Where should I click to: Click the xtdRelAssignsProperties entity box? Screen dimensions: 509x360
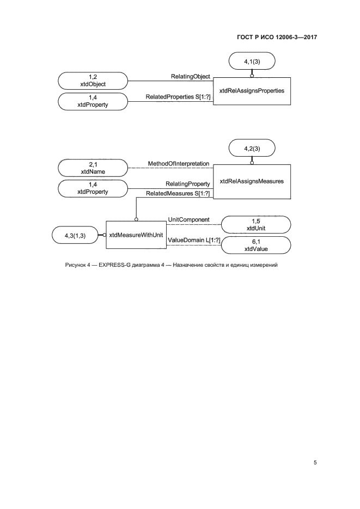[x=251, y=91]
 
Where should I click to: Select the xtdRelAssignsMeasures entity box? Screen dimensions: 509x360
[x=251, y=181]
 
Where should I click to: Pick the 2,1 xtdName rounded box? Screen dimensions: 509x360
[x=93, y=167]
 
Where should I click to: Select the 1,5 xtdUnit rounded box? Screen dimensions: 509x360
[x=255, y=224]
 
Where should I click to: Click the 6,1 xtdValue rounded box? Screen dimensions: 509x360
[x=255, y=245]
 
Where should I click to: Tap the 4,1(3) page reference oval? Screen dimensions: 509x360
[x=252, y=61]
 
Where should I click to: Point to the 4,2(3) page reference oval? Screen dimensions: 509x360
[x=252, y=148]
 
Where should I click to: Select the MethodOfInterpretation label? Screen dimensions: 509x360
[x=179, y=163]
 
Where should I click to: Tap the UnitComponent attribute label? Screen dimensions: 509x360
[x=189, y=219]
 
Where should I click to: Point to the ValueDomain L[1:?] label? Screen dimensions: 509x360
[x=189, y=240]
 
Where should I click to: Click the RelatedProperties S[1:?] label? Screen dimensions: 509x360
[x=178, y=97]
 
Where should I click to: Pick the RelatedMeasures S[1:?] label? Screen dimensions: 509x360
[x=178, y=193]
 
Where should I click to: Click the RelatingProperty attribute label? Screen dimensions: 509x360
[x=188, y=184]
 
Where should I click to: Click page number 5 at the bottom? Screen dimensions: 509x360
[x=315, y=463]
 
